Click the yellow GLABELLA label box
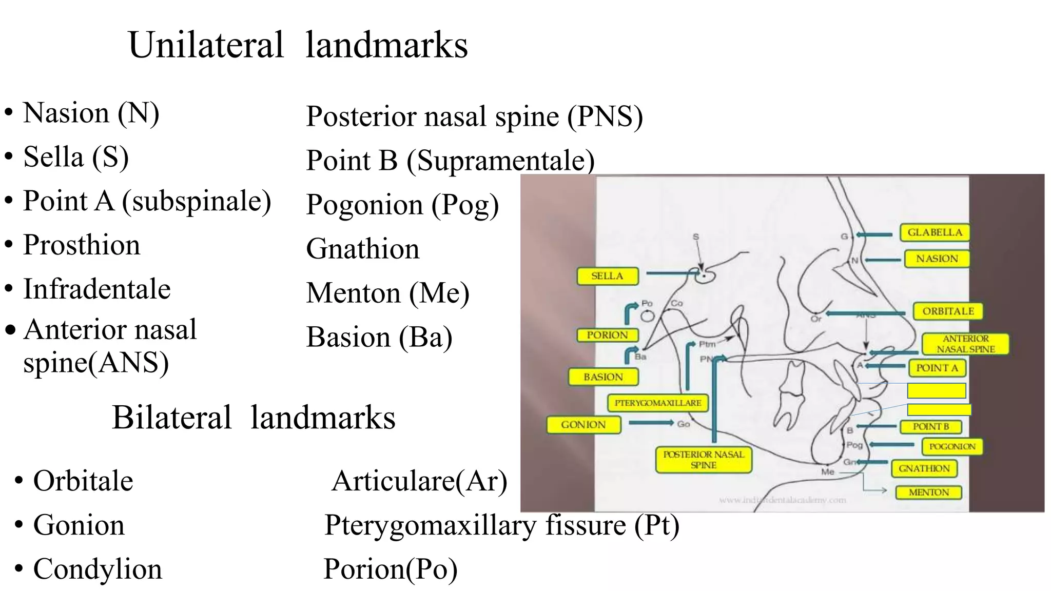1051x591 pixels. point(935,232)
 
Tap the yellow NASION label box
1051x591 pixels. point(937,259)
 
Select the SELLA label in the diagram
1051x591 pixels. point(607,276)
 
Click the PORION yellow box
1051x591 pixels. point(607,335)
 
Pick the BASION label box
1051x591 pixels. point(603,377)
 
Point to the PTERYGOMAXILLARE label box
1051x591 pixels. point(657,403)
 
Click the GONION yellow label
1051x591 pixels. point(583,425)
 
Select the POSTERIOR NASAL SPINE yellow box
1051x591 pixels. point(703,460)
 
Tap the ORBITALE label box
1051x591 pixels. point(948,311)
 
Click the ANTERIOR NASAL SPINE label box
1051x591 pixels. point(965,344)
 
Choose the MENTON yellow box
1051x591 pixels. point(928,493)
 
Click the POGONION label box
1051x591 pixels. point(952,446)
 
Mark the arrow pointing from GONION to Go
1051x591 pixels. point(651,423)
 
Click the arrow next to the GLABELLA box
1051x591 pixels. point(874,235)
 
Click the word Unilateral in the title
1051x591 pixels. point(206,45)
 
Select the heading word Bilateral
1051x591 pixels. point(172,417)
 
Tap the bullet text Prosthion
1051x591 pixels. point(82,245)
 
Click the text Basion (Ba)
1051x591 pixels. point(379,338)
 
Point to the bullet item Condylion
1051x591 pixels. point(98,569)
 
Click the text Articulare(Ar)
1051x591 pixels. point(419,481)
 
